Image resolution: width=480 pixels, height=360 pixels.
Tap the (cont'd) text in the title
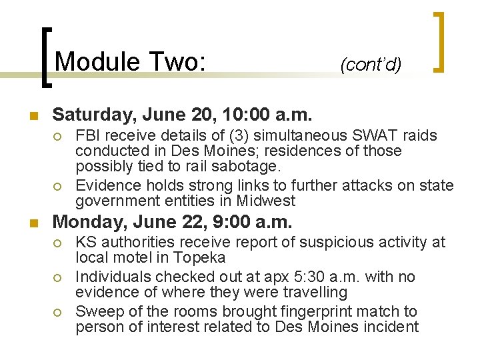tap(371, 65)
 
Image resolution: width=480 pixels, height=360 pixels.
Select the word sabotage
tap(255, 167)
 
